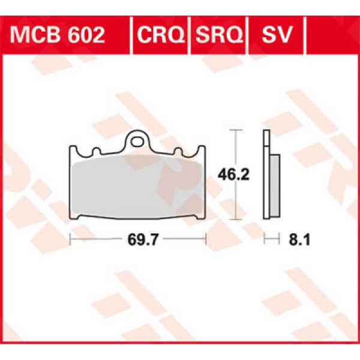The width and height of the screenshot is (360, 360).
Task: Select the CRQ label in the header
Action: coord(160,35)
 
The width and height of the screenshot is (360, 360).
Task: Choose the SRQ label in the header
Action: coord(217,35)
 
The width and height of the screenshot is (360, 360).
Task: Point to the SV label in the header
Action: coord(275,35)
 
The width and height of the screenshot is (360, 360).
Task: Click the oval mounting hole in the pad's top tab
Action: coord(140,142)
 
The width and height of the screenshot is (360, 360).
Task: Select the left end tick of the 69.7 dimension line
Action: coord(71,240)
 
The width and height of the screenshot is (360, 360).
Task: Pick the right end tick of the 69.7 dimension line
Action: coord(205,240)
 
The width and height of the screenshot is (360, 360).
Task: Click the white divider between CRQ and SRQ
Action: coord(189,35)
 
